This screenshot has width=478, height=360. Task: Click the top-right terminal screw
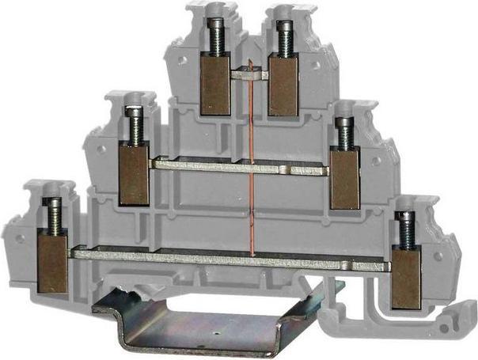click(282, 36)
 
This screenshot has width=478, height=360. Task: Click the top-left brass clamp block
click(215, 83)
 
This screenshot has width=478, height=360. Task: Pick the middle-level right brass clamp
click(344, 180)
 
